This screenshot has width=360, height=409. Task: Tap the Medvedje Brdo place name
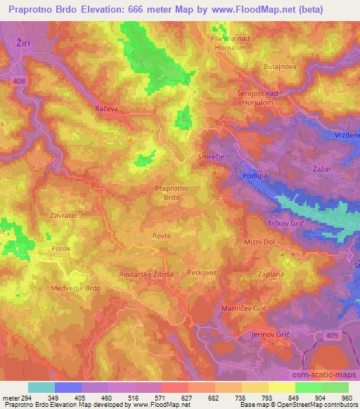(x=77, y=289)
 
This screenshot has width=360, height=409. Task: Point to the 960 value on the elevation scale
(x=347, y=397)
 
